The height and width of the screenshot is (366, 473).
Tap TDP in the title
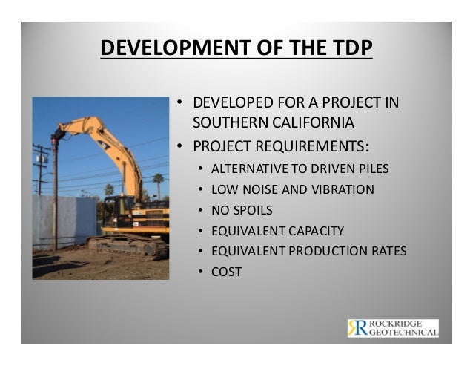point(348,49)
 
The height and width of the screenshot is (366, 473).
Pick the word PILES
point(371,169)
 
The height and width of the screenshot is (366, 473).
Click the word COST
point(227,272)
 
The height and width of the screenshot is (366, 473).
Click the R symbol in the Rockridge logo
point(357,327)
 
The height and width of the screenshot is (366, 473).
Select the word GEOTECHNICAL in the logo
point(403,333)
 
